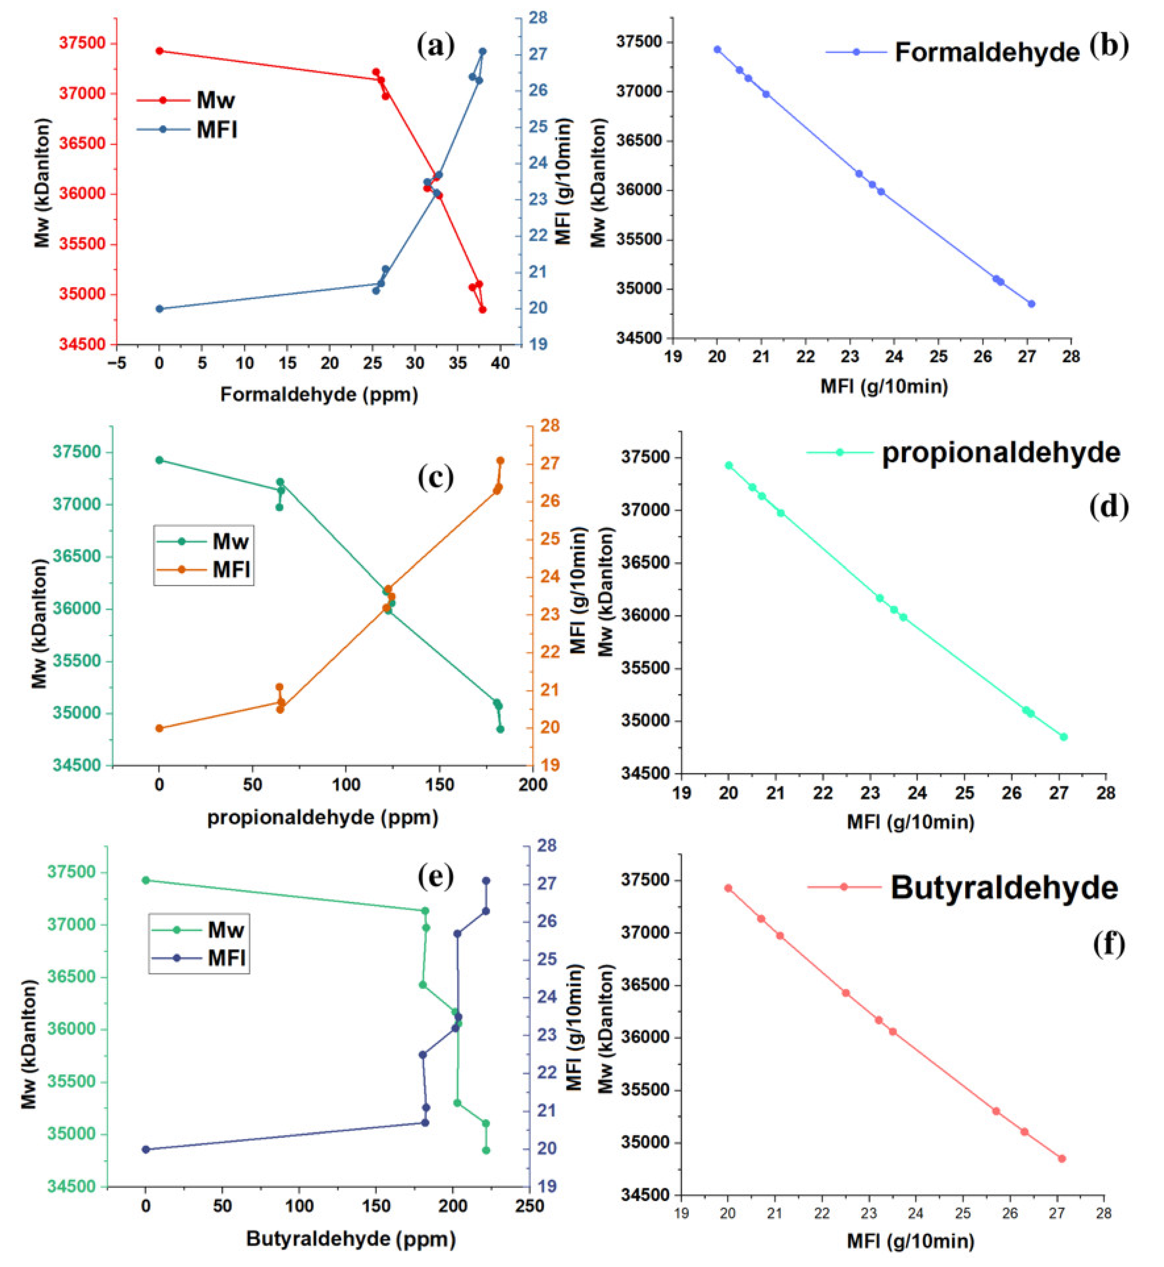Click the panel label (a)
tap(435, 46)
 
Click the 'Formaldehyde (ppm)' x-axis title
tap(319, 395)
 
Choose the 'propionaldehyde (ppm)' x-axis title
tap(323, 818)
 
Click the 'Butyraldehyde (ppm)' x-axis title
tap(351, 1239)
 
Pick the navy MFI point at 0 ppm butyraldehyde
tap(146, 1149)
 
